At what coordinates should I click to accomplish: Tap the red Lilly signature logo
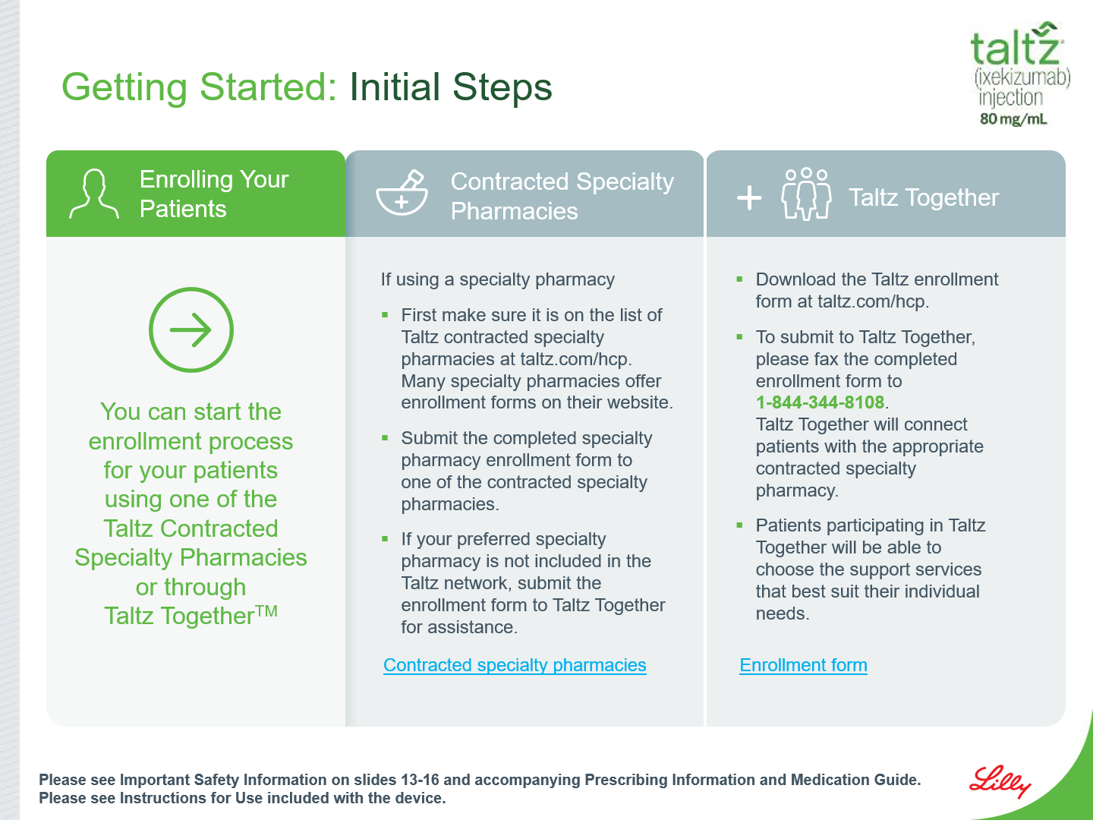click(x=1000, y=782)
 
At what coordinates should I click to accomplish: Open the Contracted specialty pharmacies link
click(x=515, y=665)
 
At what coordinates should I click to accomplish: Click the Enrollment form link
click(x=803, y=665)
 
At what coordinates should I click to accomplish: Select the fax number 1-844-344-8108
click(x=820, y=402)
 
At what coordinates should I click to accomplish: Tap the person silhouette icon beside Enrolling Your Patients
click(x=94, y=194)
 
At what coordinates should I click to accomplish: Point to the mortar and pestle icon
click(x=402, y=192)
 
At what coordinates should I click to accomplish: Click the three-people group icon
click(x=806, y=194)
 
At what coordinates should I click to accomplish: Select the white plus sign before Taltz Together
click(x=749, y=198)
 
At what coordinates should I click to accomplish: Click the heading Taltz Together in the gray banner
click(x=924, y=197)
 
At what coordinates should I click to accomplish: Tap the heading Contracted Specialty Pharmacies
click(x=562, y=196)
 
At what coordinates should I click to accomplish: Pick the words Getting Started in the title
click(x=199, y=87)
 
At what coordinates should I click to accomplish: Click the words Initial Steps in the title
click(x=451, y=87)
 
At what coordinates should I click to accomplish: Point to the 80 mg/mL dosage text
click(x=1013, y=119)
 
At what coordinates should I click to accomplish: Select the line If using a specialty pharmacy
click(x=497, y=280)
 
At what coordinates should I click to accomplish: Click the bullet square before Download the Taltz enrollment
click(x=739, y=279)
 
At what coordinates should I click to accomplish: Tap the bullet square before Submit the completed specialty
click(x=385, y=438)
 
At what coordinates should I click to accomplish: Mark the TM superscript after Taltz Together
click(x=267, y=610)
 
